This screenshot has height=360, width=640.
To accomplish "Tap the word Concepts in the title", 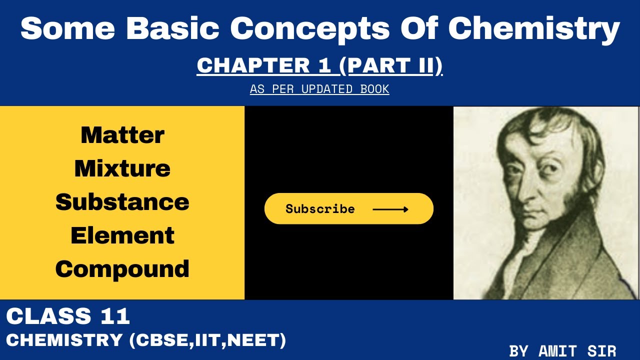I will click(309, 29).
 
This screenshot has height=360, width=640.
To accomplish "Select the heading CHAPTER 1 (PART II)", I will click(319, 66).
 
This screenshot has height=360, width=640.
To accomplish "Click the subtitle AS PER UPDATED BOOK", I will click(319, 89).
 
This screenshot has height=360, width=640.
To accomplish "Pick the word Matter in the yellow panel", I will click(122, 135).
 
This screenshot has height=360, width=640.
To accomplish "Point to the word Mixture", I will click(122, 168).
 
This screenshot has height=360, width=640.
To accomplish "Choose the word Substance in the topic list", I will click(122, 202).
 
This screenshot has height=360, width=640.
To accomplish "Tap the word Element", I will click(122, 235).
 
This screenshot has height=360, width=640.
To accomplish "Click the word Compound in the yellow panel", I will click(122, 269).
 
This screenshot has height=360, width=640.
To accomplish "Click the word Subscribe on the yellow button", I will click(320, 209).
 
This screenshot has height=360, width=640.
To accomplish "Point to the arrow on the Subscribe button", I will click(390, 209).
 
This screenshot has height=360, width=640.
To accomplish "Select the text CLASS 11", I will click(68, 316).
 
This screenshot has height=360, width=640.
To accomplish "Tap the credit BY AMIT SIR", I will click(562, 351).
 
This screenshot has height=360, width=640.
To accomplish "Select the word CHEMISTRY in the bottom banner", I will click(64, 340).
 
